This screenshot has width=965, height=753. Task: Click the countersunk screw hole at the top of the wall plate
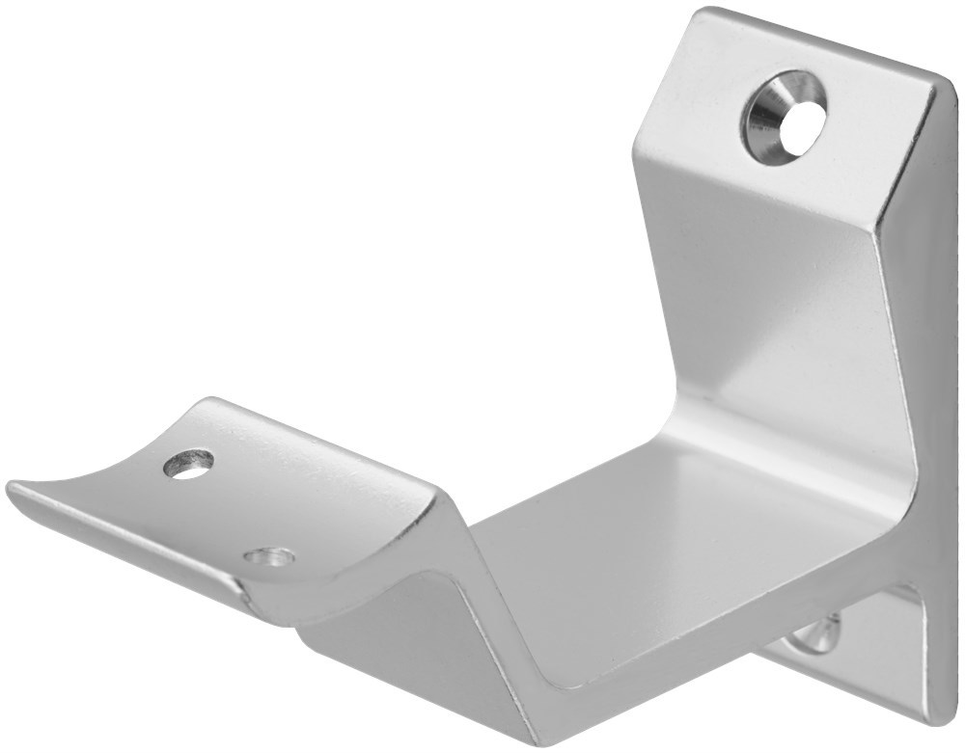(783, 120)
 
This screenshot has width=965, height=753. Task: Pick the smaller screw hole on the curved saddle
(269, 556)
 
